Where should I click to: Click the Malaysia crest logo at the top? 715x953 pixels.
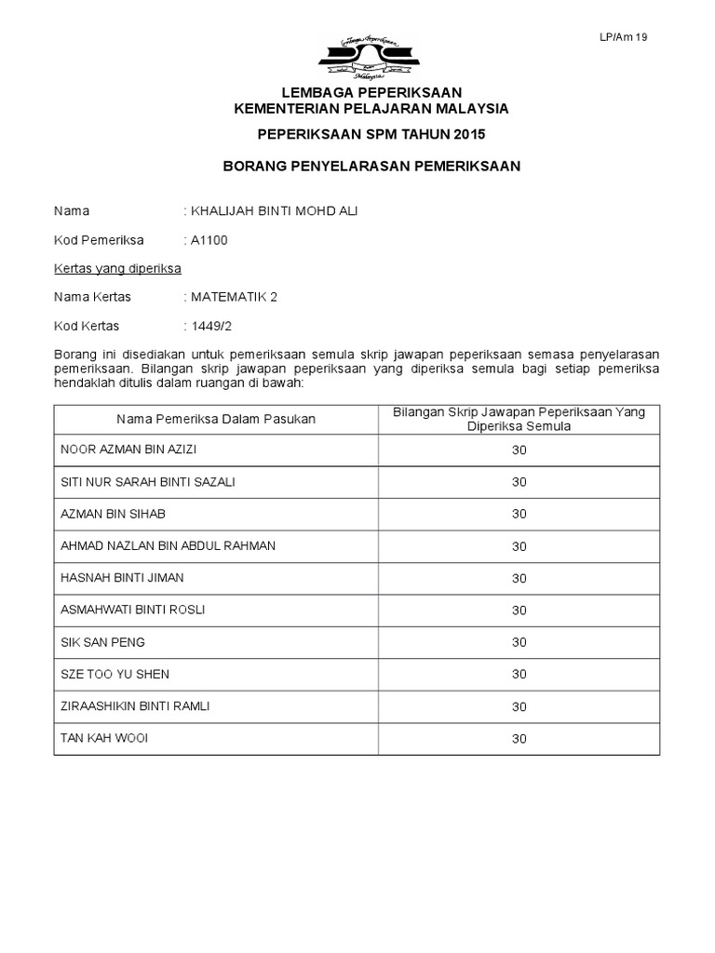[x=370, y=55]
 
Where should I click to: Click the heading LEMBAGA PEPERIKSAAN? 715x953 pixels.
[x=371, y=92]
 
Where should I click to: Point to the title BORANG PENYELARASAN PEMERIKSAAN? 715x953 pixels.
[x=371, y=166]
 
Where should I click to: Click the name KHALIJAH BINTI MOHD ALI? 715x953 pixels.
[x=274, y=211]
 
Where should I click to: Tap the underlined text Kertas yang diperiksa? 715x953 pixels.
[x=117, y=269]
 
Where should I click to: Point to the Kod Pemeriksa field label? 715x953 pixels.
[x=99, y=240]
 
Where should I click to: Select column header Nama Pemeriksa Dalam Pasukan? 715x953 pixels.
[x=216, y=419]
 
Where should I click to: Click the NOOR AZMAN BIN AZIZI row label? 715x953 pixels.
[x=128, y=450]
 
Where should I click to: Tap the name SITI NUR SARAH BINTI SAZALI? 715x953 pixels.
[x=148, y=482]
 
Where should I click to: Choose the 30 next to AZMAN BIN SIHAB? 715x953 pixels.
[x=519, y=514]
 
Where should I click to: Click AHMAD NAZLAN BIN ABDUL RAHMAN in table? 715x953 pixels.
[x=168, y=545]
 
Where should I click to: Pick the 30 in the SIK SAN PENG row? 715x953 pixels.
[x=519, y=642]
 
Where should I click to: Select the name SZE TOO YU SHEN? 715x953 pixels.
[x=115, y=674]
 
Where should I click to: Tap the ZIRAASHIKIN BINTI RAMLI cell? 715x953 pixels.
[x=135, y=706]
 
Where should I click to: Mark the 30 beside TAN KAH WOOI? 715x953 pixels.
[x=519, y=739]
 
